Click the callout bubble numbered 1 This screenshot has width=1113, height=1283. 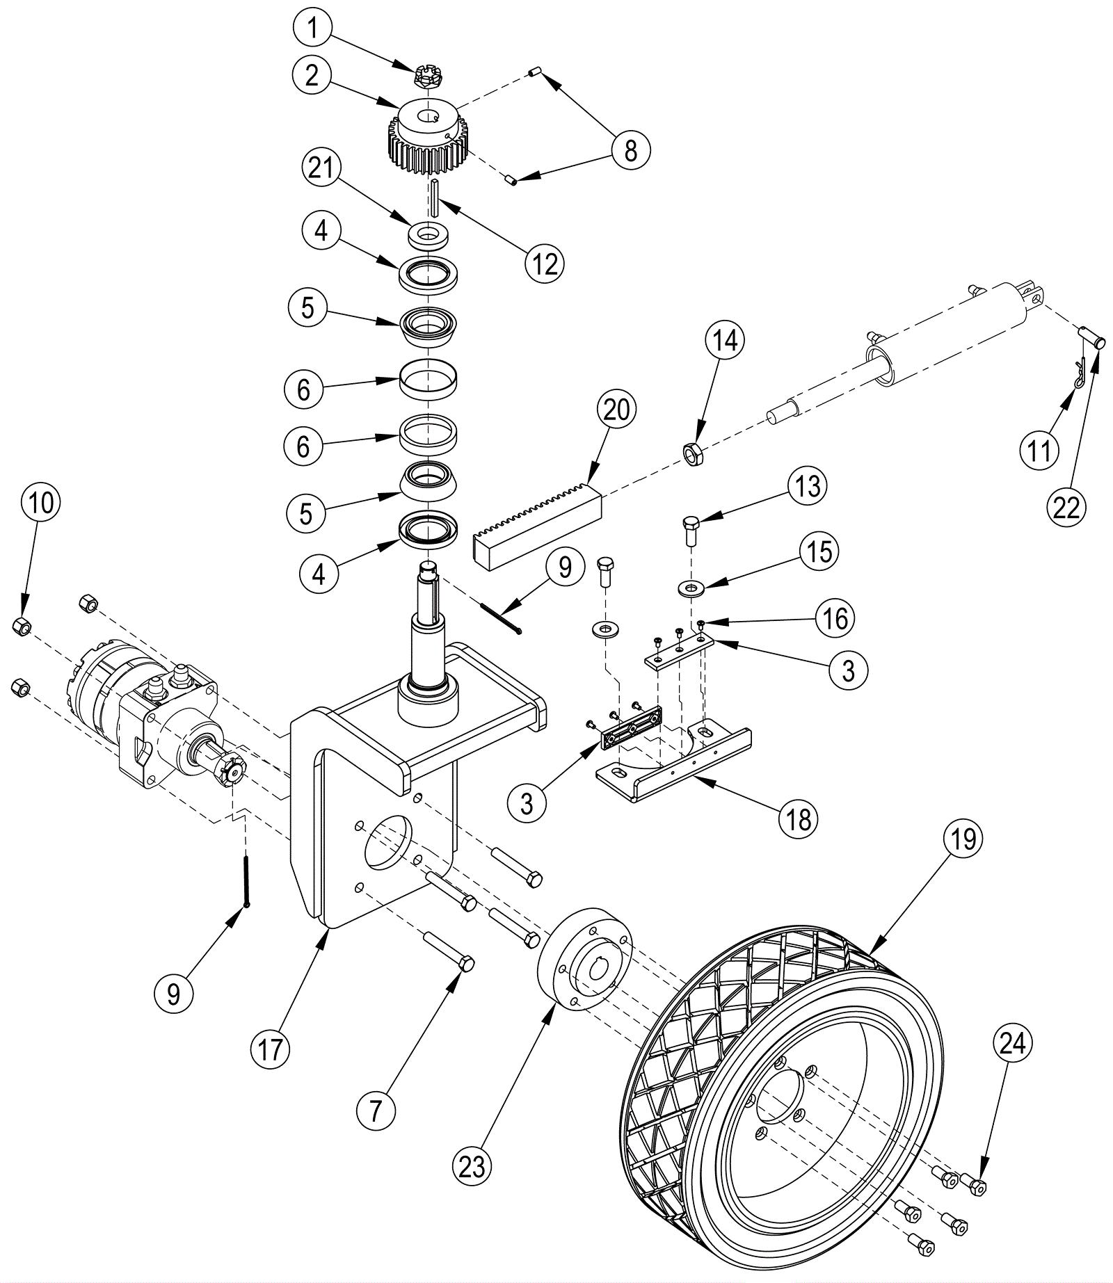pos(312,29)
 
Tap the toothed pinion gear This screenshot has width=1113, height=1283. pos(426,139)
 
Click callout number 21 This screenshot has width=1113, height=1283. pos(321,169)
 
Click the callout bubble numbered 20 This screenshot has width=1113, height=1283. pos(616,410)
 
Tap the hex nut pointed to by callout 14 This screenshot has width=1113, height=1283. pos(693,455)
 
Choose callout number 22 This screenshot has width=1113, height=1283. pos(1066,508)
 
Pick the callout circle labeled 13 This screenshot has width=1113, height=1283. pos(808,486)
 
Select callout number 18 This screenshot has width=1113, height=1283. pos(799,820)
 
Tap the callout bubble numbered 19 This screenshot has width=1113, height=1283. pos(963,839)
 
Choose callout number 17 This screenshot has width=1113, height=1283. pos(271,1049)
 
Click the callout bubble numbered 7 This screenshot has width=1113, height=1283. pos(376,1111)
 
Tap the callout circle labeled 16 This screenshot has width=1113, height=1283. pos(835,618)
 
